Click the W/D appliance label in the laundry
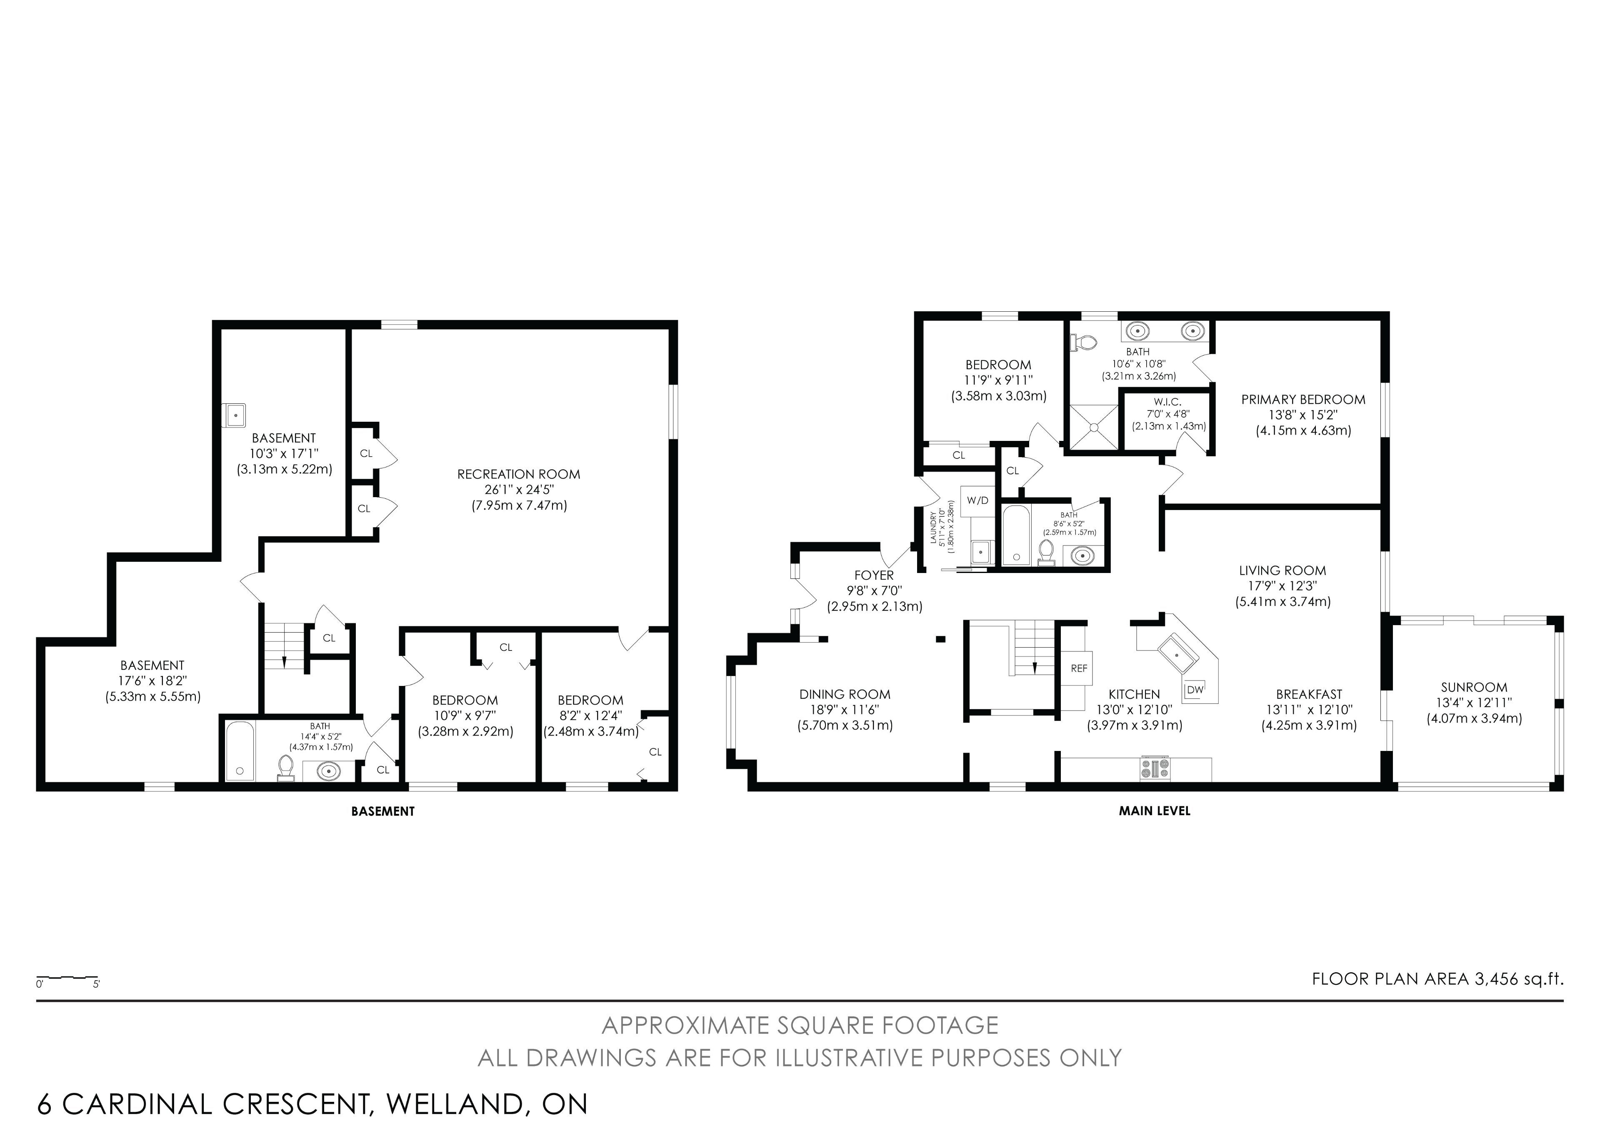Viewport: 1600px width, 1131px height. tap(977, 500)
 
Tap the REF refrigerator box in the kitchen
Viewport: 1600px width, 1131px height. tap(1079, 668)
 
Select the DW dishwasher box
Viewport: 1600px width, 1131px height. tap(1195, 690)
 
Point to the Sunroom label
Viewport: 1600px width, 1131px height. tap(1474, 687)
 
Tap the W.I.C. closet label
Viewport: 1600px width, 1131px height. tap(1167, 402)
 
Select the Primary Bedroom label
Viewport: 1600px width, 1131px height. tap(1303, 399)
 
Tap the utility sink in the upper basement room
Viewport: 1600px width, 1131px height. tap(235, 415)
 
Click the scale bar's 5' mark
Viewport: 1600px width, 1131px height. tap(96, 985)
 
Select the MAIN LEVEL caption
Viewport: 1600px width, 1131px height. tap(1155, 811)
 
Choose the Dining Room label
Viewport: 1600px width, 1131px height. tap(845, 694)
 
